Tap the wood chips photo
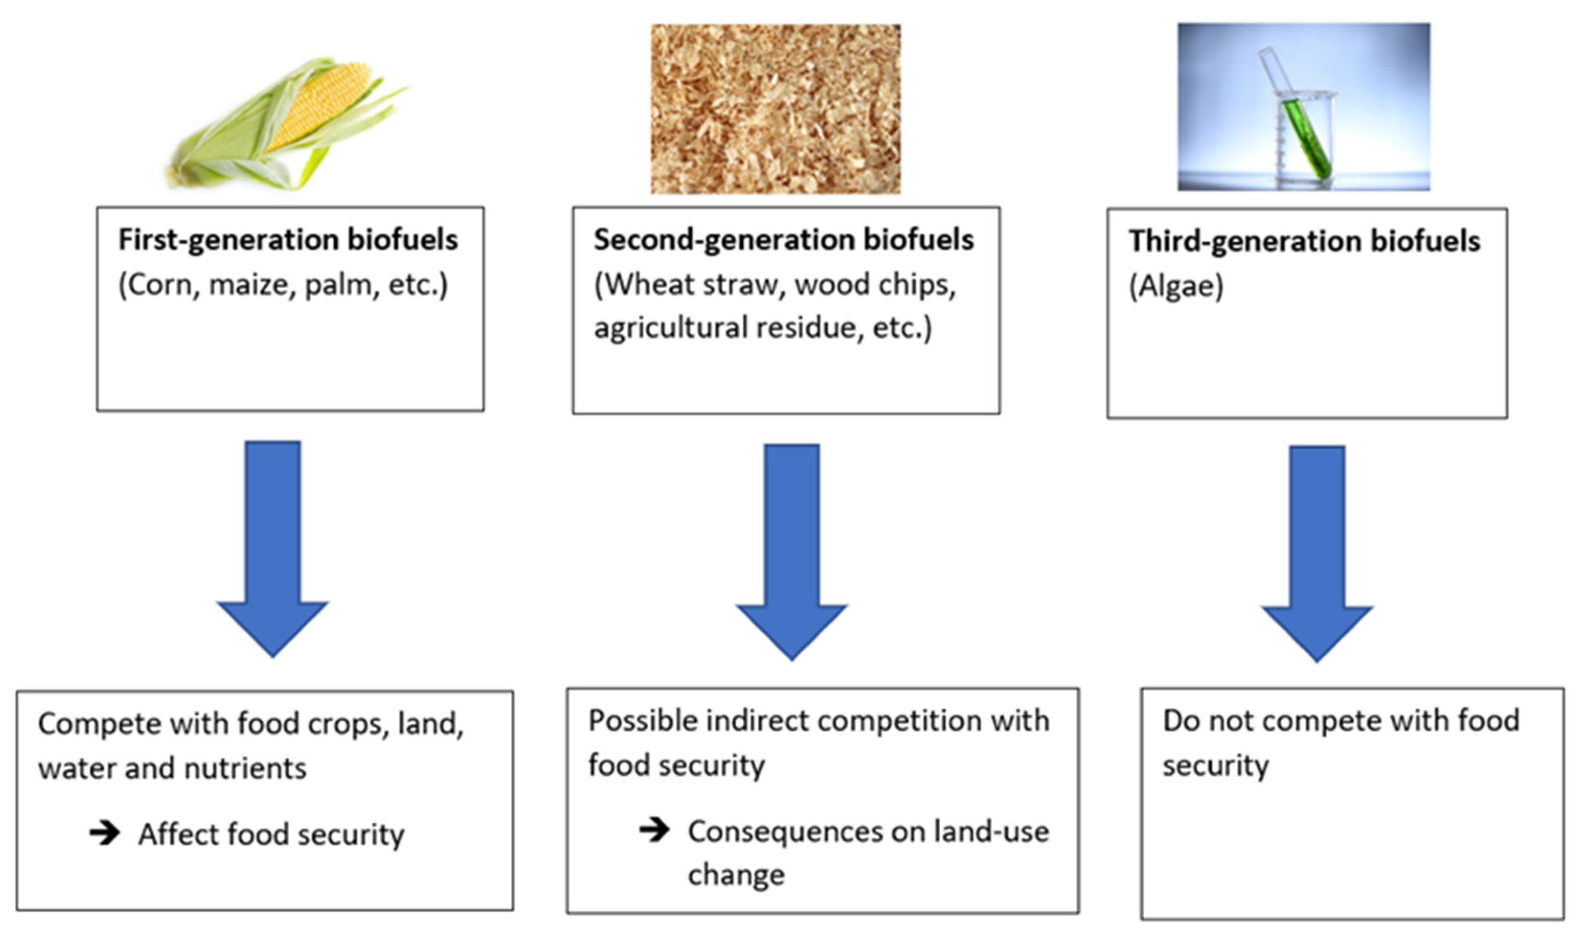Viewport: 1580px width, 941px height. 775,109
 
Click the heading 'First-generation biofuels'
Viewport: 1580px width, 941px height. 288,240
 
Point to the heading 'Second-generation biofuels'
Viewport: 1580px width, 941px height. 784,240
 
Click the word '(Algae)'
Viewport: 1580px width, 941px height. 1176,287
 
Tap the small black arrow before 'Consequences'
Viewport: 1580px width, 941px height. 654,829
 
